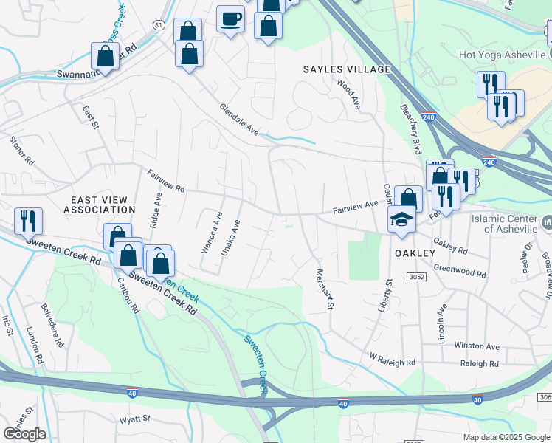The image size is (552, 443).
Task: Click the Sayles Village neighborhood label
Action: [x=346, y=69]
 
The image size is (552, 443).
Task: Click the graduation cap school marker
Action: [x=401, y=219]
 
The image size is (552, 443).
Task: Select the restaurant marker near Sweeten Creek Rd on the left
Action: [x=28, y=219]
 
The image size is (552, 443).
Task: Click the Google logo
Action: [x=24, y=434]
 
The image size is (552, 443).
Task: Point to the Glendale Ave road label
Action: [x=239, y=119]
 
